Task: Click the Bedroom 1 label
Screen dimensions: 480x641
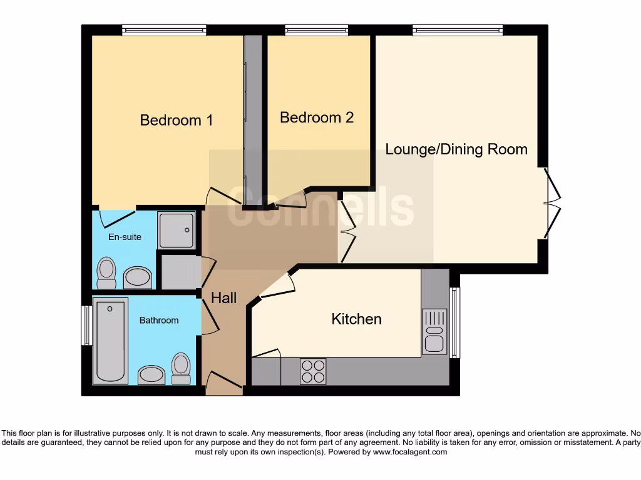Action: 176,120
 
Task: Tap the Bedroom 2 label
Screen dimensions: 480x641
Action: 316,117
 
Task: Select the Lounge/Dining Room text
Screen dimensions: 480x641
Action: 456,149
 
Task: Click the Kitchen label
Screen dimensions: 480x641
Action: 356,319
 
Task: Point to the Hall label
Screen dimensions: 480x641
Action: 223,298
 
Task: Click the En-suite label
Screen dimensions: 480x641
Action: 125,237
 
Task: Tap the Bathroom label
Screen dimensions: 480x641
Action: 158,320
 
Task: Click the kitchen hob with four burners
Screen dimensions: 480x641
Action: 313,370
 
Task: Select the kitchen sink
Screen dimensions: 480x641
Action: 434,331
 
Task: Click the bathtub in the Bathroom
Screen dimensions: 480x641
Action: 110,341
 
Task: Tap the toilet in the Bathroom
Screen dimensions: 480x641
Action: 181,369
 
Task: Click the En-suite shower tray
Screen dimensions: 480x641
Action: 176,229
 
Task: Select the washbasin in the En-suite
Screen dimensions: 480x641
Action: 138,277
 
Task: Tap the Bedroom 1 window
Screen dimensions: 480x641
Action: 164,29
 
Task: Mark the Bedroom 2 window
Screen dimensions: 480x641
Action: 316,29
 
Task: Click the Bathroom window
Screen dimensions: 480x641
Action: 86,325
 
